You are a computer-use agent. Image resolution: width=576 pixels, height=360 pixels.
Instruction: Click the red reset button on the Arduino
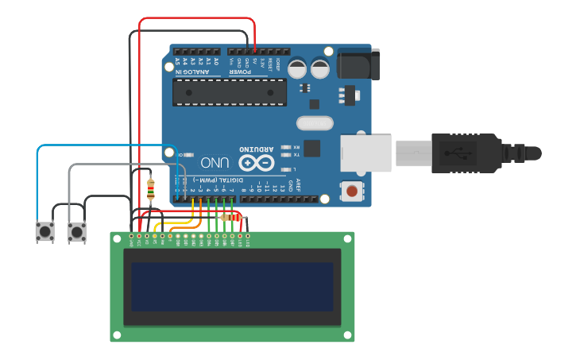point(350,190)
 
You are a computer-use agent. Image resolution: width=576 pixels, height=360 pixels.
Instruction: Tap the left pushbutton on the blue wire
point(44,231)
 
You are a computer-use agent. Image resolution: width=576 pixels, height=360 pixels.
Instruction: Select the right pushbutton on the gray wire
point(77,232)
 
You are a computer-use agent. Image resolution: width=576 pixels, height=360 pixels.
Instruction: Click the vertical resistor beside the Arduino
point(151,188)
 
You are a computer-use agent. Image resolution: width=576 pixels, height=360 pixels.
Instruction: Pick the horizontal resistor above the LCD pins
point(231,217)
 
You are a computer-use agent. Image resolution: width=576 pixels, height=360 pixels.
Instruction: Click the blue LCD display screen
point(232,287)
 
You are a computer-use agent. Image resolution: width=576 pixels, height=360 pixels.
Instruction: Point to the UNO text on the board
point(215,163)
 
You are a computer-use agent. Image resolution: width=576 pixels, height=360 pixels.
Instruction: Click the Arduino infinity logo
point(256,163)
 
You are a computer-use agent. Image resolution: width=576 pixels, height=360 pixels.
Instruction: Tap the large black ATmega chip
point(230,92)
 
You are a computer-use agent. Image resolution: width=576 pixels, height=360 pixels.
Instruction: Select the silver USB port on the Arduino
point(365,153)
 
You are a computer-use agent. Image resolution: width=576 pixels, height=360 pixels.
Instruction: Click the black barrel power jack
point(358,63)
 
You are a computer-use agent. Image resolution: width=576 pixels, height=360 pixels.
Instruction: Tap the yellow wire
point(192,213)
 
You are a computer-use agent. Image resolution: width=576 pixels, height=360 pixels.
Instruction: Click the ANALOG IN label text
point(193,73)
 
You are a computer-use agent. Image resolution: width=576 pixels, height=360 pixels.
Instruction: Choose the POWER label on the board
point(240,73)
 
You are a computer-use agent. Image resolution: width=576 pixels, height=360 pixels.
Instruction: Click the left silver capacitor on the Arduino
point(297,68)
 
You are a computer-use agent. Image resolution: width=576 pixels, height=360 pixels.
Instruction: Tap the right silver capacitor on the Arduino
point(320,68)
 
